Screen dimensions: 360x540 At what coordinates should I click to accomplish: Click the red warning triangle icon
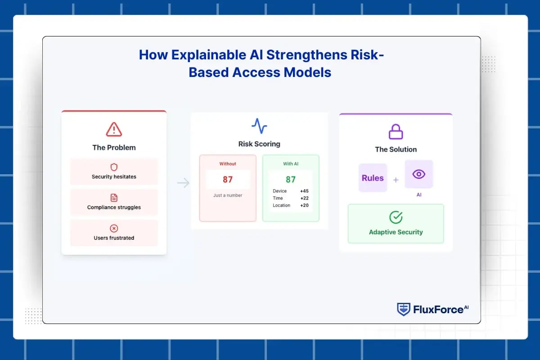[114, 130]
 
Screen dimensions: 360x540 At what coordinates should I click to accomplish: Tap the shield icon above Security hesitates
[114, 167]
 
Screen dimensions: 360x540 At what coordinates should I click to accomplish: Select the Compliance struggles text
[114, 207]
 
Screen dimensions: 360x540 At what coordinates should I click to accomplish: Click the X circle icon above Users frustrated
[114, 229]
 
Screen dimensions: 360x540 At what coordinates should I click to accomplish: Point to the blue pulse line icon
[259, 126]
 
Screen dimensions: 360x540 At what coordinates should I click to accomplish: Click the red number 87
[228, 180]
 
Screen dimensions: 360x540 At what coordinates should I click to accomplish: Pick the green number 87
[291, 180]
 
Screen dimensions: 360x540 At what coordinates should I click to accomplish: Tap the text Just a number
[228, 195]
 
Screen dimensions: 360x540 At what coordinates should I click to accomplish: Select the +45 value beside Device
[304, 191]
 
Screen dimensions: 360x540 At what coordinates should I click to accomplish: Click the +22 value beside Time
[304, 198]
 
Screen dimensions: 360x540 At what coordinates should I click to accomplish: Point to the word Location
[281, 206]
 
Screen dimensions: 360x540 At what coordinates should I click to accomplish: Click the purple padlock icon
[396, 131]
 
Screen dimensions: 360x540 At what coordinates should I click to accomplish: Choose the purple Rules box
[373, 178]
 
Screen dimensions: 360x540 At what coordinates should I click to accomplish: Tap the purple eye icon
[419, 174]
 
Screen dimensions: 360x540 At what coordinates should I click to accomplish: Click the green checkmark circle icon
[396, 218]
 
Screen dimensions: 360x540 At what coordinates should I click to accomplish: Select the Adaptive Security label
[396, 232]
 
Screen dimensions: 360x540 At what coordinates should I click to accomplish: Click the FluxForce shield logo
[403, 309]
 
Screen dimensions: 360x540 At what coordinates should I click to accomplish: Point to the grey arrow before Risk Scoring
[183, 183]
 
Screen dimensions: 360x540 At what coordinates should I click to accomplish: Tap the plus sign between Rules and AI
[396, 180]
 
